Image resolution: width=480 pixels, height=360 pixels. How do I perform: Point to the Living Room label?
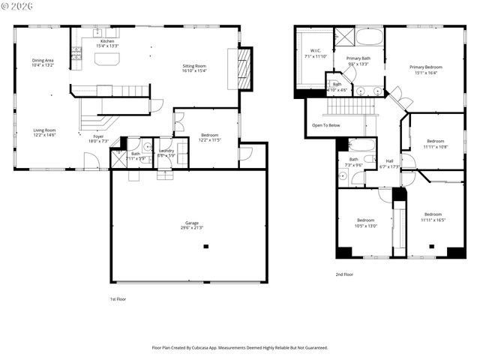(x=44, y=130)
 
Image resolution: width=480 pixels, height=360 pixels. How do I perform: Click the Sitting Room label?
(x=194, y=66)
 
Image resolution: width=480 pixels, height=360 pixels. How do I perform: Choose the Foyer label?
(x=98, y=136)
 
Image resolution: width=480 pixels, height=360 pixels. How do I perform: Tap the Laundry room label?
(x=166, y=151)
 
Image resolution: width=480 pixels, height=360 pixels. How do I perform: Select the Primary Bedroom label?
(x=424, y=67)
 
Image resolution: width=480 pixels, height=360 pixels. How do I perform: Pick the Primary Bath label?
(x=358, y=58)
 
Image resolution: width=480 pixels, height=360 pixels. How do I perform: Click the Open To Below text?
(x=326, y=125)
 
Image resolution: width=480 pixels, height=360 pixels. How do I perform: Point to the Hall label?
(x=389, y=161)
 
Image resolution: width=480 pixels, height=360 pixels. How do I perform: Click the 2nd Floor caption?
(x=344, y=274)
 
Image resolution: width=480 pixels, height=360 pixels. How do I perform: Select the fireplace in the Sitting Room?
(x=244, y=68)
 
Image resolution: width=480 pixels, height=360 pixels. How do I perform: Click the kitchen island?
(x=107, y=60)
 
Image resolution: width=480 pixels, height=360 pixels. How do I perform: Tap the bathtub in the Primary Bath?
(x=369, y=37)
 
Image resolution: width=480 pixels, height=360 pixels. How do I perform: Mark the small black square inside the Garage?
(x=205, y=246)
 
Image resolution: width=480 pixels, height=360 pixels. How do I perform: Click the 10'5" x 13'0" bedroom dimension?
(x=365, y=226)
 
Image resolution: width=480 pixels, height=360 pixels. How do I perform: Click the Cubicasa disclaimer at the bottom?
(x=240, y=347)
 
